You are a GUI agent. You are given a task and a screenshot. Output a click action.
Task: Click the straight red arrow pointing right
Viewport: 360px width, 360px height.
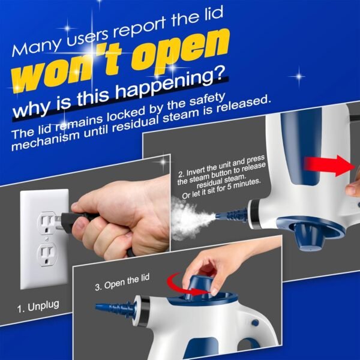328,164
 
